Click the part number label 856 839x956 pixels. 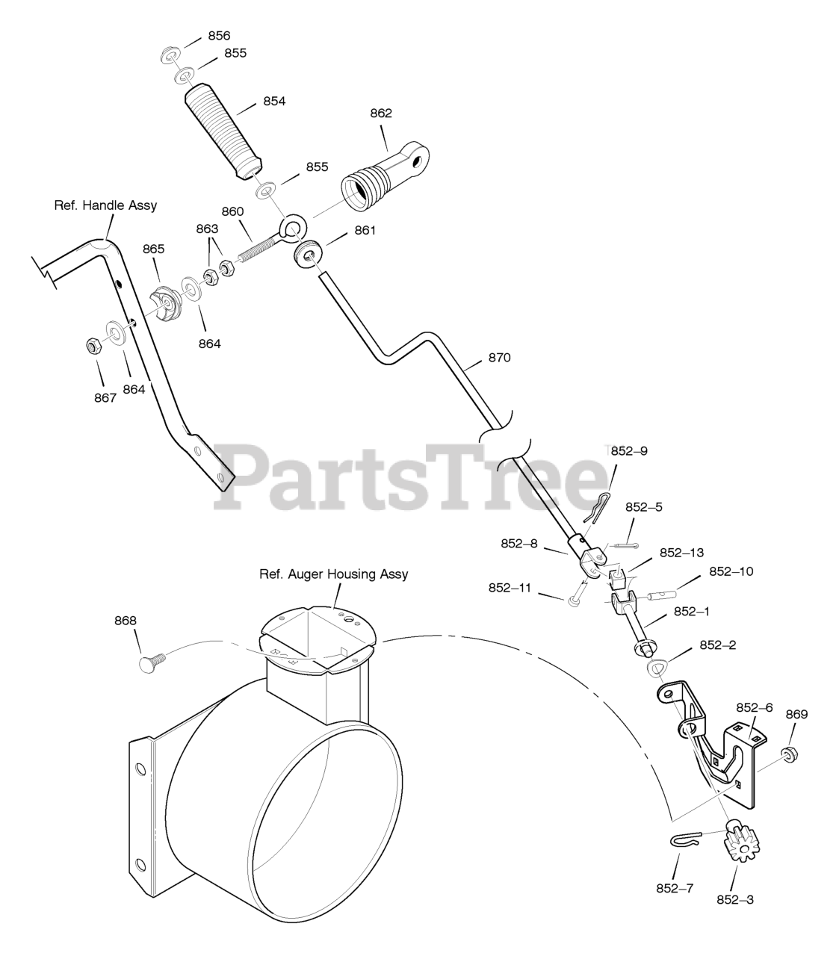[219, 36]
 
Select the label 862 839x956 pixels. [381, 114]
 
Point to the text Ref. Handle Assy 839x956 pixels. [105, 205]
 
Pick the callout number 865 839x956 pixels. [154, 249]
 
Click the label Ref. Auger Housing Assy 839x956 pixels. [333, 574]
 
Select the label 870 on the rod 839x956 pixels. [499, 358]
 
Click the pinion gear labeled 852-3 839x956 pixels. [737, 842]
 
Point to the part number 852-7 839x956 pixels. [675, 888]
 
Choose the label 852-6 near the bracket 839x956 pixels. [754, 707]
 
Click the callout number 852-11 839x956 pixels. [510, 588]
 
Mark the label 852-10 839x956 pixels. [731, 571]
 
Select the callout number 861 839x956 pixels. [365, 231]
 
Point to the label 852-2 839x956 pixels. [717, 645]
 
